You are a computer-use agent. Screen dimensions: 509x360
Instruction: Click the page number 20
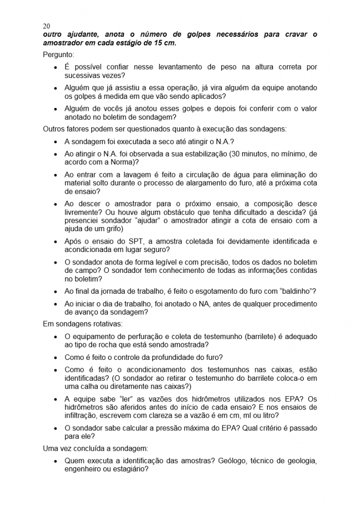click(47, 26)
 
